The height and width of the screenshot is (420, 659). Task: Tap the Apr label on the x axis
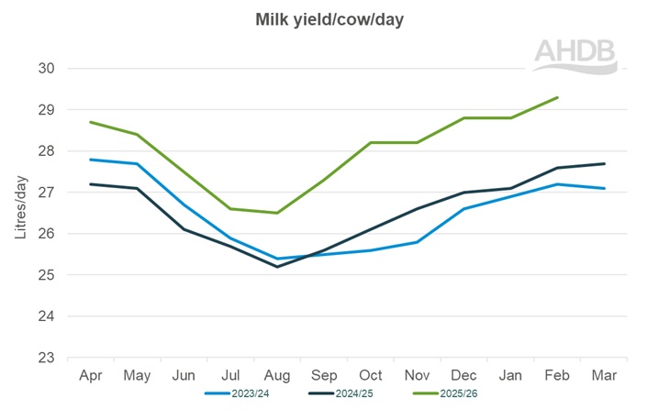pos(90,376)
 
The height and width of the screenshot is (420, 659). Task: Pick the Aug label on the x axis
pos(277,376)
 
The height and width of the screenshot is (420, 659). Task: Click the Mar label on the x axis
pos(605,376)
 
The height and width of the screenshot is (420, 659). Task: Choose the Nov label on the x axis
pos(418,376)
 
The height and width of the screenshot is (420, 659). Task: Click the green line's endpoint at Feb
pos(558,97)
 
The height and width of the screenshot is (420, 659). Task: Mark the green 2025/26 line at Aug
pos(277,213)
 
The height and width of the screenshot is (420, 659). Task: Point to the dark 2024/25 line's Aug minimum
pos(277,267)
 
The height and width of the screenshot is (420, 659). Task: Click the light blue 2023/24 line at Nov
pos(418,242)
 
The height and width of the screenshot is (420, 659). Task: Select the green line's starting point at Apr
pos(90,122)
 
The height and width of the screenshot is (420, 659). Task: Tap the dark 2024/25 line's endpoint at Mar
pos(605,163)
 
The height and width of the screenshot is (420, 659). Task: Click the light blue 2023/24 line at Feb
pos(558,184)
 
